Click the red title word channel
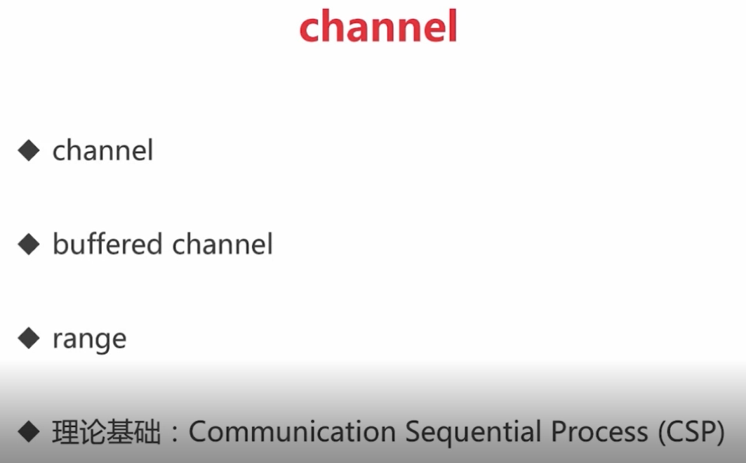coord(378,27)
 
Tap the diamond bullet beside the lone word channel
coord(29,150)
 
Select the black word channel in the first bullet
coord(102,150)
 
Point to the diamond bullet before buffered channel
coord(29,244)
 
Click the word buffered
coord(107,244)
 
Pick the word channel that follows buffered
coord(222,244)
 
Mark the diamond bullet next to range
coord(29,339)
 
